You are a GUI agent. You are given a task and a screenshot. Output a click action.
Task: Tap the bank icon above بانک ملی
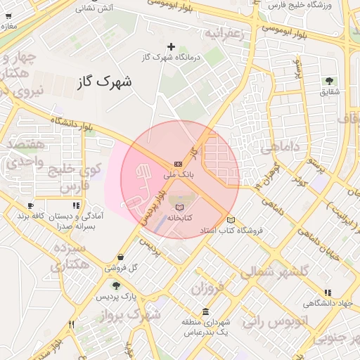[178, 163]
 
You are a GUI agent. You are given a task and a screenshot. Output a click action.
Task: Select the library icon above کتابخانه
[180, 207]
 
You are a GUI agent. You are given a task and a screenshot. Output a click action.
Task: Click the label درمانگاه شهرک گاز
[171, 57]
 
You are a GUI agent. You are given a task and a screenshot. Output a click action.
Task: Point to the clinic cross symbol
[171, 46]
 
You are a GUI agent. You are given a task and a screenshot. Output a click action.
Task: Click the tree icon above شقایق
[329, 82]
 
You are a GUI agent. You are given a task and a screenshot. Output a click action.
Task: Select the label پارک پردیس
[116, 296]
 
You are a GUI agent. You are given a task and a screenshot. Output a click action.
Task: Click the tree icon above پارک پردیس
[116, 285]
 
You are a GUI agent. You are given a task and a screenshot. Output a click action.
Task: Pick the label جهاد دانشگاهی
[328, 304]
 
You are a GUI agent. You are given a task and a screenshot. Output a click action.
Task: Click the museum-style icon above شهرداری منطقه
[205, 311]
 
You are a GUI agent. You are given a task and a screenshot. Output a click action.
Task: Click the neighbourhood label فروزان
[206, 288]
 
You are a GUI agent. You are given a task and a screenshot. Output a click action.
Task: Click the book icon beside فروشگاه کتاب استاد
[231, 221]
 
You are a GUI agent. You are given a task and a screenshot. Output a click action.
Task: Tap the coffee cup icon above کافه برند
[30, 206]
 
